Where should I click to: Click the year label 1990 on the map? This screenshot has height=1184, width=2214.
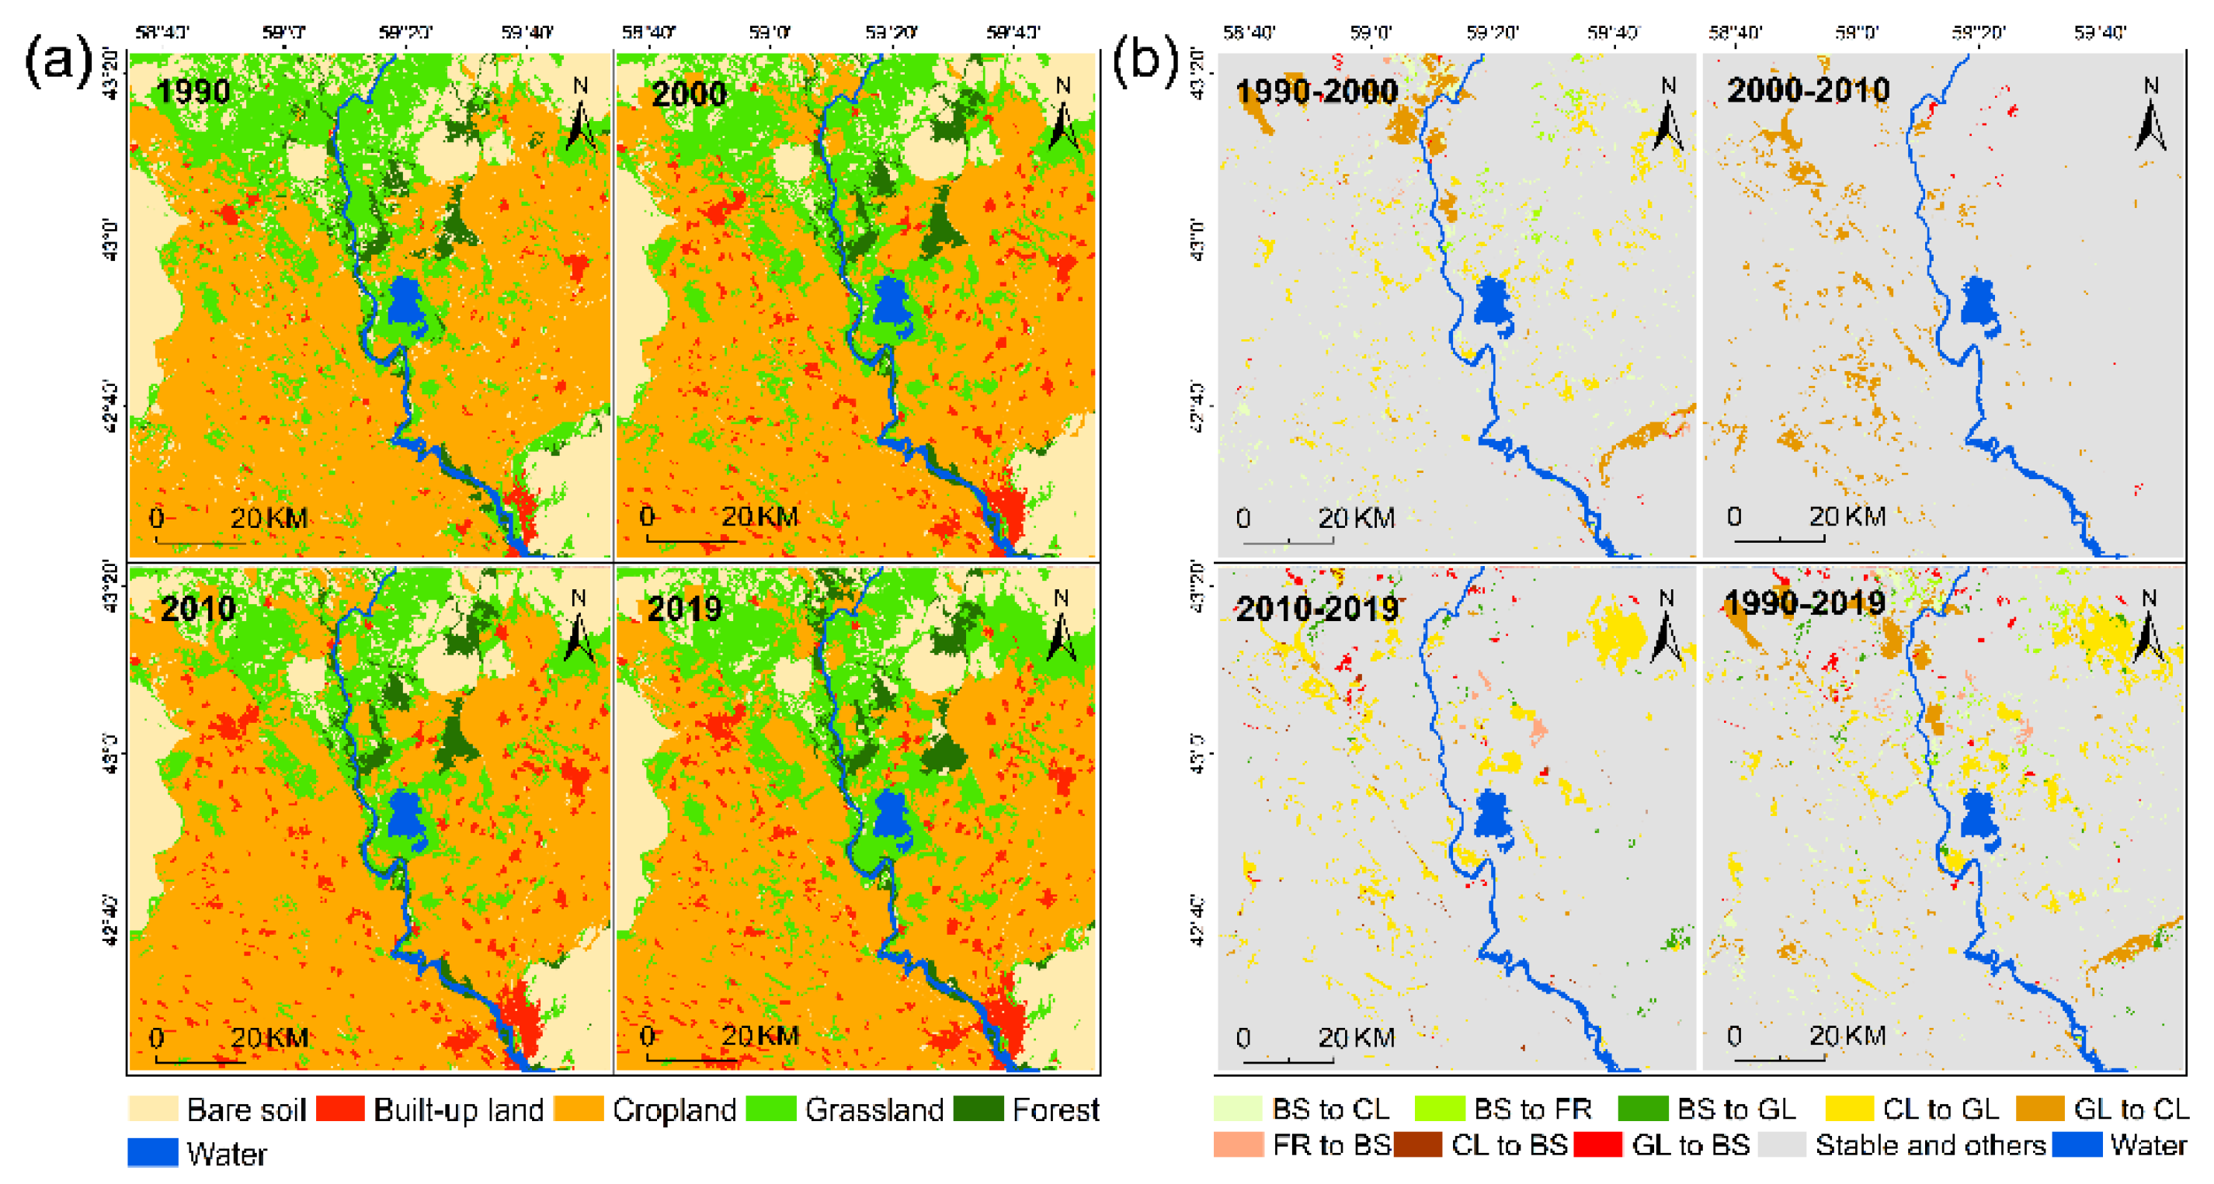[193, 91]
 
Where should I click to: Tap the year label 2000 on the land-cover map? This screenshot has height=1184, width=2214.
[689, 93]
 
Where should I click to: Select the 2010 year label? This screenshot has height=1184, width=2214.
[198, 609]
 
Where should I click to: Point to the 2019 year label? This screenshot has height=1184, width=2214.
[684, 609]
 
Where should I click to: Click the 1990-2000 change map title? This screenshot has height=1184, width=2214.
[1316, 91]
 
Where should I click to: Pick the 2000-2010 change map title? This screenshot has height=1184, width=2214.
[1809, 90]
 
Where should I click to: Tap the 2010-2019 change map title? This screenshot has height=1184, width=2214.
[1316, 609]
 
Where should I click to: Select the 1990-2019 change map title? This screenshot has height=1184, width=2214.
[1805, 602]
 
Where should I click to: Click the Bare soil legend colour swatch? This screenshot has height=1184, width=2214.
[153, 1109]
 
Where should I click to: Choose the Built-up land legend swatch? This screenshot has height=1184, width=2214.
[340, 1109]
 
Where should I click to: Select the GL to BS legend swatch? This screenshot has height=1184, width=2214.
[1597, 1144]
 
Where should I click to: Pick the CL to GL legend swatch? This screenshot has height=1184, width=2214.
[1849, 1109]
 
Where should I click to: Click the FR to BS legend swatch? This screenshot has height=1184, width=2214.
[1239, 1144]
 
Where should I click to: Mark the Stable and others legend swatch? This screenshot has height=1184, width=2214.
[1781, 1144]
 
